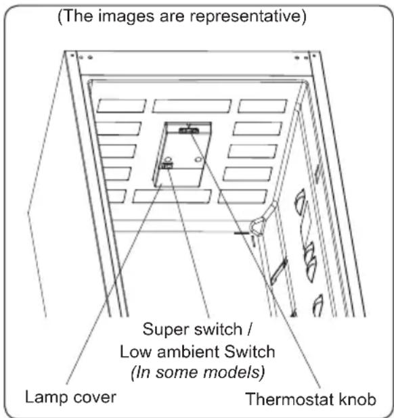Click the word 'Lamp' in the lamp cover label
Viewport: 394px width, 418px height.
tap(47, 397)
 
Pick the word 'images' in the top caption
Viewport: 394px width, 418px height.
tap(127, 16)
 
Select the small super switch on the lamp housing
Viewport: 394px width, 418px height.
tap(166, 166)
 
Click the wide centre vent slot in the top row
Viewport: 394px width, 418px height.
tap(192, 106)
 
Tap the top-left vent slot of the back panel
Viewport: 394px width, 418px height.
tap(121, 106)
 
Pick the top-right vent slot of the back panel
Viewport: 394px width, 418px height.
tap(263, 106)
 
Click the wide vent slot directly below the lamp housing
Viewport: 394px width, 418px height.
tap(172, 196)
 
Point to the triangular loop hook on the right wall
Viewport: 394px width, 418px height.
tap(258, 227)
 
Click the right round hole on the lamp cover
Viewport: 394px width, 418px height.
tap(198, 160)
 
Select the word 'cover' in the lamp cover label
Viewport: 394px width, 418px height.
tap(95, 397)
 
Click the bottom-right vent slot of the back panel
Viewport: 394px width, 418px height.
tap(242, 196)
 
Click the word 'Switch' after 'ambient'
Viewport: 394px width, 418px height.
tap(249, 352)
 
